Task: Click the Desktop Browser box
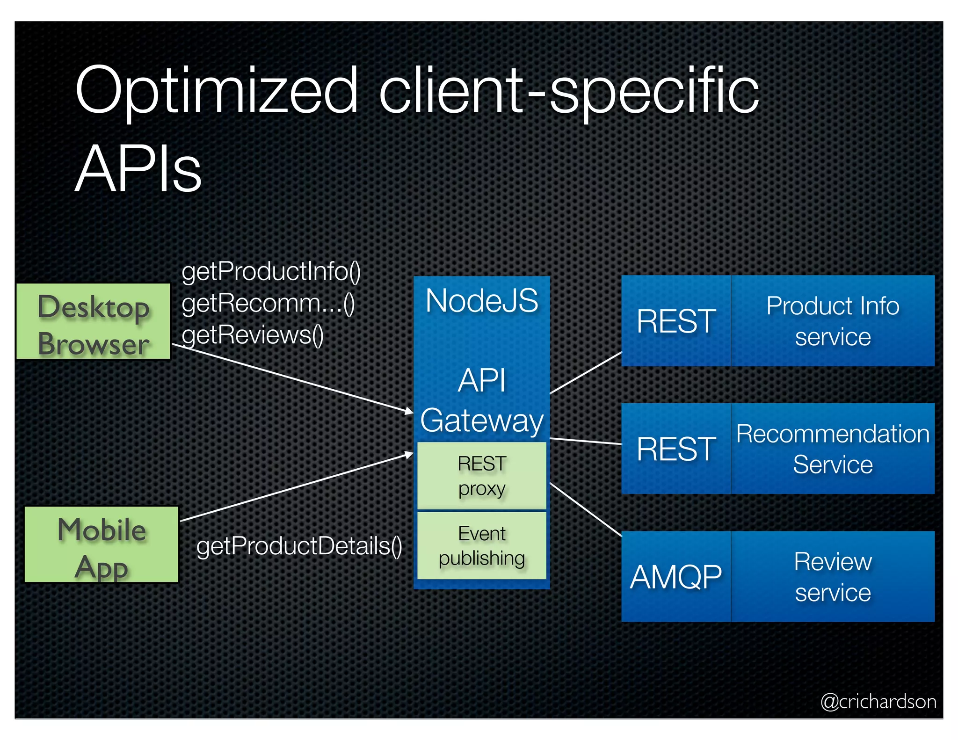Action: click(94, 321)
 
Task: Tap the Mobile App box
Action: click(102, 544)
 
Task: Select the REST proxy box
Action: click(482, 476)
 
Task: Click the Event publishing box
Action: click(482, 545)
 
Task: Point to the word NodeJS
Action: click(482, 301)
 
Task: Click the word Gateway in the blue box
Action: click(482, 420)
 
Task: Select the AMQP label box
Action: click(676, 576)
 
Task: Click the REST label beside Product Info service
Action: click(676, 321)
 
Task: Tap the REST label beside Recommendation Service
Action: click(676, 449)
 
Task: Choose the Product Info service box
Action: click(833, 321)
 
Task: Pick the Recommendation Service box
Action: click(833, 449)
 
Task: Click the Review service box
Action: click(833, 576)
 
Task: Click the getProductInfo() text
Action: click(271, 272)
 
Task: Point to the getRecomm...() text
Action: click(268, 304)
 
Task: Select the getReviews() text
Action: click(253, 335)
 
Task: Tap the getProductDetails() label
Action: click(299, 546)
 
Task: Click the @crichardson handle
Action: click(878, 702)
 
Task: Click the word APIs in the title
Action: click(138, 168)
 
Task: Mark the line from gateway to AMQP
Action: click(586, 509)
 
